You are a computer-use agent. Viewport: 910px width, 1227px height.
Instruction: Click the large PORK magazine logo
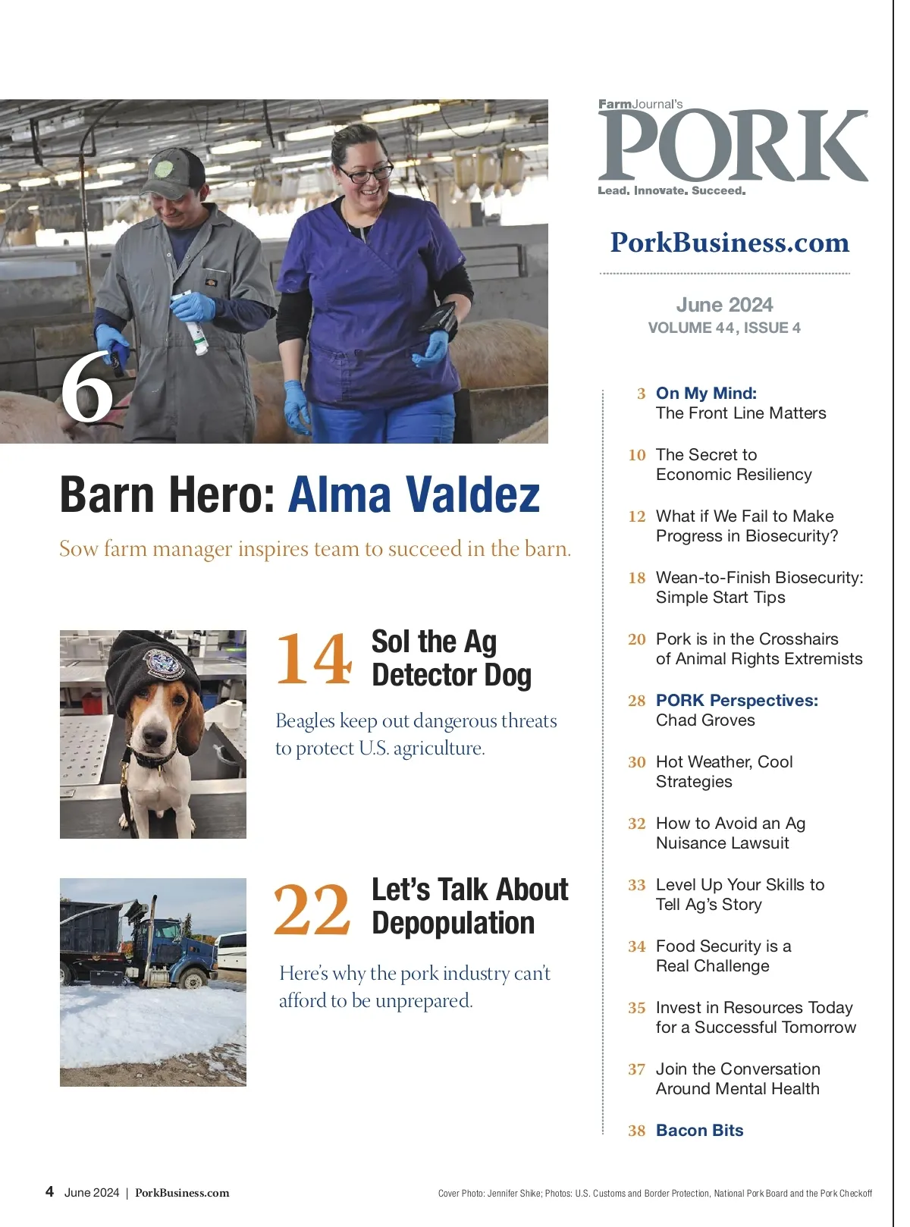point(733,146)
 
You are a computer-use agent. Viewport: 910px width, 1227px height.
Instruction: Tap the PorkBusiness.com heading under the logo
point(730,243)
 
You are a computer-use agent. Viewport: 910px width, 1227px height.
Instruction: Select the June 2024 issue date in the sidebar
point(724,305)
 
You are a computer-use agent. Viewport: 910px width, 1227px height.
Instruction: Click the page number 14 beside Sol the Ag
point(314,659)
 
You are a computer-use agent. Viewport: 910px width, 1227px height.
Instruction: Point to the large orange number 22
point(312,909)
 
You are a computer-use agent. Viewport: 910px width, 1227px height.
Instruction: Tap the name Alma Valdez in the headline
point(414,494)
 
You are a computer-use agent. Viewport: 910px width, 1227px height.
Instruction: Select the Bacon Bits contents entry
point(699,1130)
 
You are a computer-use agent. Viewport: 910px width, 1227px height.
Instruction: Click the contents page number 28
point(636,701)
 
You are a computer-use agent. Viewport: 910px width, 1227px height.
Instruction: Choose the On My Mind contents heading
point(706,393)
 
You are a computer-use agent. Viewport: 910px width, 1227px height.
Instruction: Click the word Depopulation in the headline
point(453,923)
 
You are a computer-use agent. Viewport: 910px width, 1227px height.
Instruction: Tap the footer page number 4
point(49,1191)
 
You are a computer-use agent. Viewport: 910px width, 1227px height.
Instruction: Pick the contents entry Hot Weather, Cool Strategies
point(723,771)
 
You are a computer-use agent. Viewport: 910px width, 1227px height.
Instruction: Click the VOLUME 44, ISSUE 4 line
point(724,328)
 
